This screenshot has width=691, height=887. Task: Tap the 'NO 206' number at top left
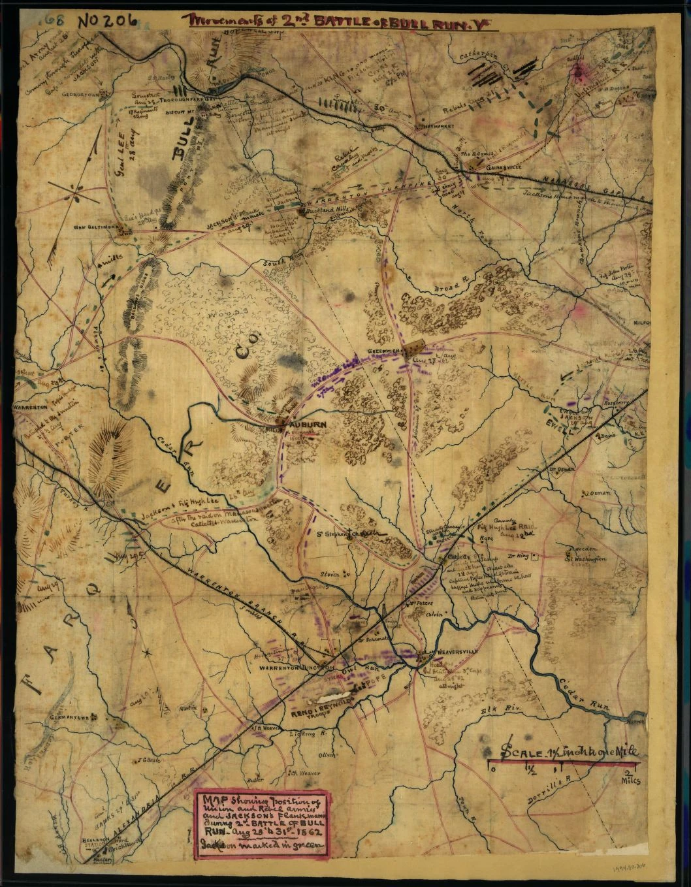pyautogui.click(x=107, y=19)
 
